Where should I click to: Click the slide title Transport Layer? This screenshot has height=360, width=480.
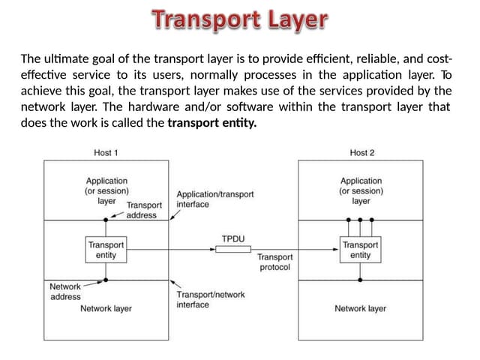click(x=240, y=19)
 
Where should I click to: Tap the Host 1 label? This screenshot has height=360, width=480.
click(x=106, y=152)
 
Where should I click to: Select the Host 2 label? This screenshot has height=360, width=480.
click(x=362, y=152)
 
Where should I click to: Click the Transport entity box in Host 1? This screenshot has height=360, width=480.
click(x=106, y=250)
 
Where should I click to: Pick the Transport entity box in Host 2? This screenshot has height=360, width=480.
click(x=360, y=250)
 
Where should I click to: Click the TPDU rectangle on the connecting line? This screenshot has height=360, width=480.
click(x=233, y=249)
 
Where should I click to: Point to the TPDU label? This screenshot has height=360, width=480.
click(x=233, y=238)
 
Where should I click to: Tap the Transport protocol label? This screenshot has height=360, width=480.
click(x=275, y=262)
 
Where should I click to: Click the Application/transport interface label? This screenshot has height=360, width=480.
click(x=215, y=199)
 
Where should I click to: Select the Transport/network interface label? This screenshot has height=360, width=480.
click(x=211, y=300)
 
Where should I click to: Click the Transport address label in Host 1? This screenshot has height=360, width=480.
click(x=144, y=210)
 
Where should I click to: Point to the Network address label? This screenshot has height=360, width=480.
click(x=65, y=292)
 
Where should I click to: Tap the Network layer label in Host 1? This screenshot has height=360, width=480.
click(x=106, y=308)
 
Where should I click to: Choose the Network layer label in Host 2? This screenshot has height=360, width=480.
click(x=360, y=308)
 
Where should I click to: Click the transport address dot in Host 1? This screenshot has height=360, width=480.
click(x=106, y=220)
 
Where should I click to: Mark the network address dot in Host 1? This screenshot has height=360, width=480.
click(x=106, y=280)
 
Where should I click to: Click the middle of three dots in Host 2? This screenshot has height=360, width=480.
click(x=360, y=220)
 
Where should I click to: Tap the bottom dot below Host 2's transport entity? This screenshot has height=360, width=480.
click(x=360, y=280)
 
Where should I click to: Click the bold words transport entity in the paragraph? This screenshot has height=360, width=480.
click(x=211, y=123)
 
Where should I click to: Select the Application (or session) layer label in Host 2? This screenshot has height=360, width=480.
click(x=361, y=190)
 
